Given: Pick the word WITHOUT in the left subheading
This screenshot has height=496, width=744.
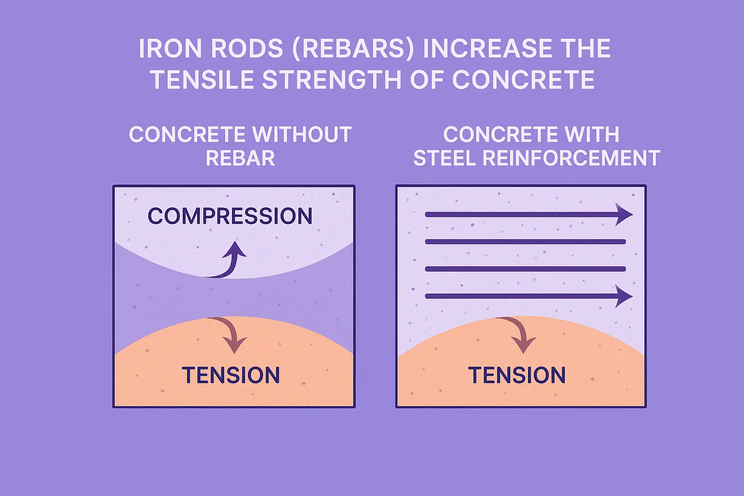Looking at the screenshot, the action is tap(302, 135).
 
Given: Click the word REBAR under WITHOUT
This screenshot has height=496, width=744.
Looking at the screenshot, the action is tap(240, 158).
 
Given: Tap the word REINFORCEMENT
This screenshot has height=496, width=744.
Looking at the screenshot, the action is tap(571, 158).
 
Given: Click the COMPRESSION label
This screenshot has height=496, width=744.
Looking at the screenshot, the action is tap(230, 216).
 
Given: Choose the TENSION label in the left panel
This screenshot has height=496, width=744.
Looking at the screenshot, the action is tap(231, 375).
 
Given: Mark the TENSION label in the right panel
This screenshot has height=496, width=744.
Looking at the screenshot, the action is tap(517, 375).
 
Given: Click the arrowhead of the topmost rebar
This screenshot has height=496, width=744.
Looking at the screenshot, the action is tap(623, 215).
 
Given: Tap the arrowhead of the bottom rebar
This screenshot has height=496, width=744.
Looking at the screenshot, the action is tap(623, 296).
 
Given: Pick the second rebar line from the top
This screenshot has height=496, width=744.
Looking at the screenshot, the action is tap(526, 242).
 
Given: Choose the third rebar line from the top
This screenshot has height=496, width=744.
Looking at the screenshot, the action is tap(526, 269).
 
